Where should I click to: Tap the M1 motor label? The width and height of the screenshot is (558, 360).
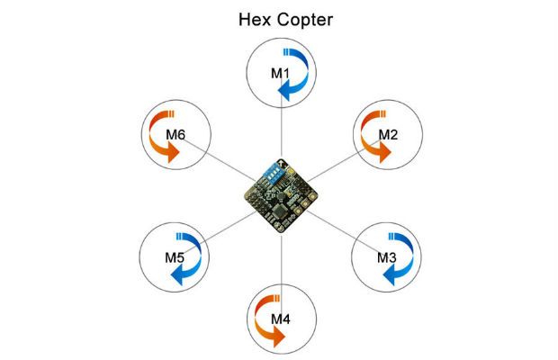tap(281, 73)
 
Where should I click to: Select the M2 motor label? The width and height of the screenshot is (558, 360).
tap(388, 134)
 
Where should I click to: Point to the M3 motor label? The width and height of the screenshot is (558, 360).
tap(386, 257)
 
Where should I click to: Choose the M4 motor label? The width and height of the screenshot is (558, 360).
tap(281, 319)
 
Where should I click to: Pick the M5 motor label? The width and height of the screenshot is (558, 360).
tap(175, 257)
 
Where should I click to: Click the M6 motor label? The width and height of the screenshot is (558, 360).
tap(175, 134)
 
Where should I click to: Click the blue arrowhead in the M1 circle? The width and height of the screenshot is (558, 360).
tap(284, 92)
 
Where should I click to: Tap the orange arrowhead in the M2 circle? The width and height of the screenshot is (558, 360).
tap(385, 153)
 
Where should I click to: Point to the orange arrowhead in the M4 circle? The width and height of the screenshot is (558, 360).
tap(279, 337)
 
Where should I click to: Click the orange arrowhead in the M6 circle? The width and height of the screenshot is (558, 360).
tap(174, 153)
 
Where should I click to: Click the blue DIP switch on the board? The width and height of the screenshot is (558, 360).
tap(272, 173)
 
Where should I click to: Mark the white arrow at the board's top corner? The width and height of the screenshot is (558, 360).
tap(283, 163)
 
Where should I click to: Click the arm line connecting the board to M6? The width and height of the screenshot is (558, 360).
tap(218, 158)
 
